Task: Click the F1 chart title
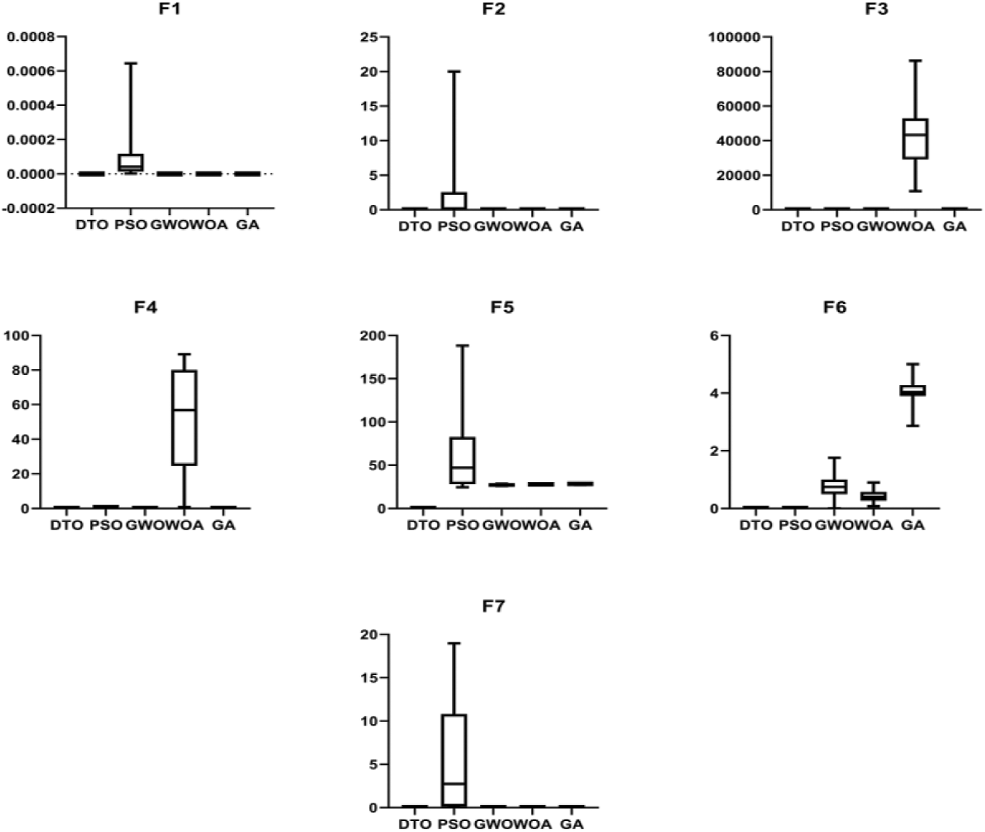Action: pos(169,9)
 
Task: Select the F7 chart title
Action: pos(494,606)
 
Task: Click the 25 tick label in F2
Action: pos(368,37)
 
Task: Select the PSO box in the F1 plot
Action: pos(131,162)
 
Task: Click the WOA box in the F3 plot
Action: pos(915,139)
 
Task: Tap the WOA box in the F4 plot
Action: pos(184,418)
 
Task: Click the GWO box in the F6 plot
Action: pos(834,486)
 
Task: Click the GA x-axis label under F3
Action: pos(954,226)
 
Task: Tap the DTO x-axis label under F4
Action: pos(66,525)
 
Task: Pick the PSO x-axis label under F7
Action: pos(454,824)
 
